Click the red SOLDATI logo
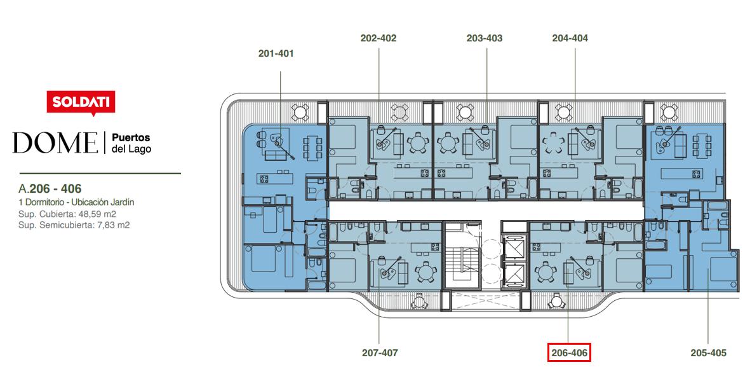point(81,102)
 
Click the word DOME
point(55,142)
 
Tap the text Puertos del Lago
point(131,143)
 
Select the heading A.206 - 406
point(50,189)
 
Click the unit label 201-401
point(276,53)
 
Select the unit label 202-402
point(378,38)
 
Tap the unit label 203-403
point(485,38)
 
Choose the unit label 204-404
point(570,38)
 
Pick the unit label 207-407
point(380,354)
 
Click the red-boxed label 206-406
point(569,354)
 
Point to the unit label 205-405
point(708,354)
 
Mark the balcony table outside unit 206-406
point(557,301)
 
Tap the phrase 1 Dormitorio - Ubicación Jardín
point(76,202)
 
